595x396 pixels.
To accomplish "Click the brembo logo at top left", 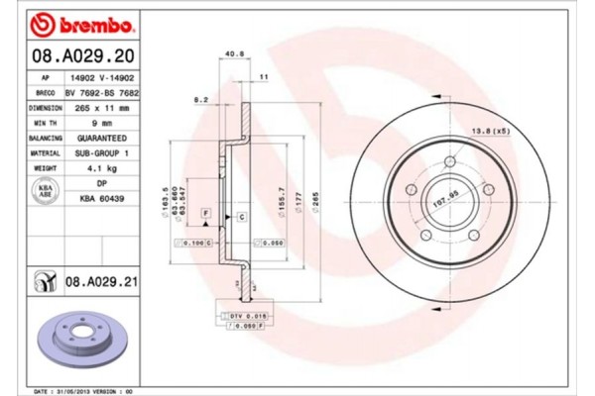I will pos(73,22).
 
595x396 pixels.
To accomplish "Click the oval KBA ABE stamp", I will pos(45,192).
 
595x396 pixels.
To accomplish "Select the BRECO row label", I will pos(45,92).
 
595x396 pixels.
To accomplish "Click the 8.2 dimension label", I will pos(199,99).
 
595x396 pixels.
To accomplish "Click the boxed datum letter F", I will pos(205,213).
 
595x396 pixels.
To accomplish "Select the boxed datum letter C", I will pos(241,215).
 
